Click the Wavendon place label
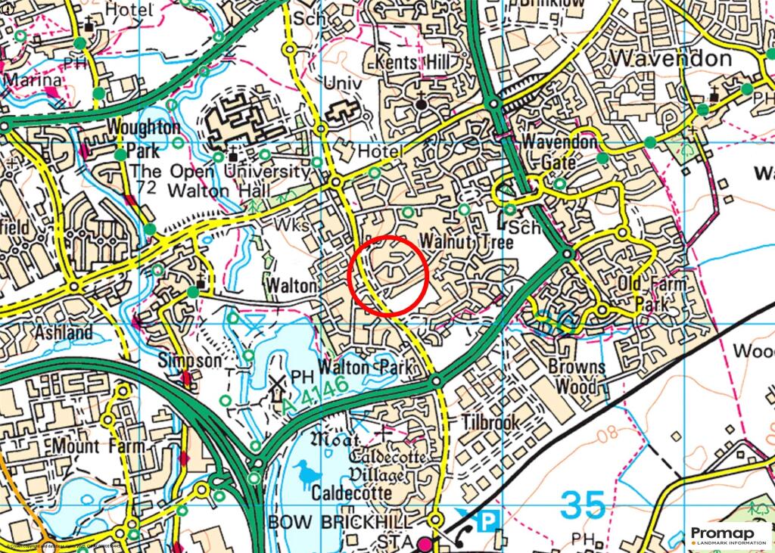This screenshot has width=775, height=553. click(x=671, y=58)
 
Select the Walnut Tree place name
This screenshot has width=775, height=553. click(x=467, y=242)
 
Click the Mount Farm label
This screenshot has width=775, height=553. click(x=98, y=446)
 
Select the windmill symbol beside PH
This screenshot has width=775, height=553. click(x=276, y=389)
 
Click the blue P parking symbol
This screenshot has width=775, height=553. click(x=490, y=520)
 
